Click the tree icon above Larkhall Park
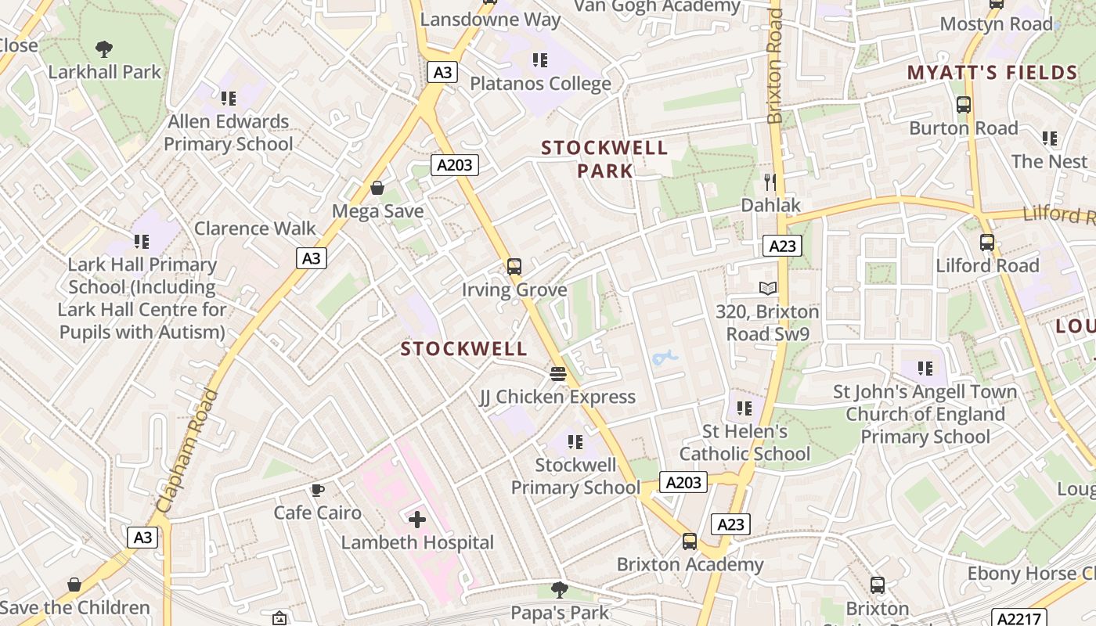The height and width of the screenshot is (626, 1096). [104, 49]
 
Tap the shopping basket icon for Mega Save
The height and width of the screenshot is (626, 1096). [377, 188]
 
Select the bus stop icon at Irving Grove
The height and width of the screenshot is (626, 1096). [514, 267]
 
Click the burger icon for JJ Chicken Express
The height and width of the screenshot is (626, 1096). [558, 374]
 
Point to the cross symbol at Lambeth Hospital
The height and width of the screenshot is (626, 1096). [417, 519]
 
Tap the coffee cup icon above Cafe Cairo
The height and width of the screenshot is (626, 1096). [317, 491]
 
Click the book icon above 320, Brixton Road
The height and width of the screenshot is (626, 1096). [768, 289]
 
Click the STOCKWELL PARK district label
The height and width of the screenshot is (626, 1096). [604, 159]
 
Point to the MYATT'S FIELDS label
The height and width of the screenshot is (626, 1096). [993, 73]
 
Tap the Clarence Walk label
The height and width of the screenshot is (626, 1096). [255, 228]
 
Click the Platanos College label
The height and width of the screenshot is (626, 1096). [540, 84]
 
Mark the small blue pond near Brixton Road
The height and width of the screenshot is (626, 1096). [664, 358]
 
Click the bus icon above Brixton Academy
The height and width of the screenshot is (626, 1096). [690, 541]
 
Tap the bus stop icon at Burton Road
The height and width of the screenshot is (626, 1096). [964, 105]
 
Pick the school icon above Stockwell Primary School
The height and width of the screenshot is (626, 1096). [575, 442]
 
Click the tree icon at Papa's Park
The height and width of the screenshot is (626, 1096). [560, 589]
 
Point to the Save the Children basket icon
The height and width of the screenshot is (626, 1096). [74, 585]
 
